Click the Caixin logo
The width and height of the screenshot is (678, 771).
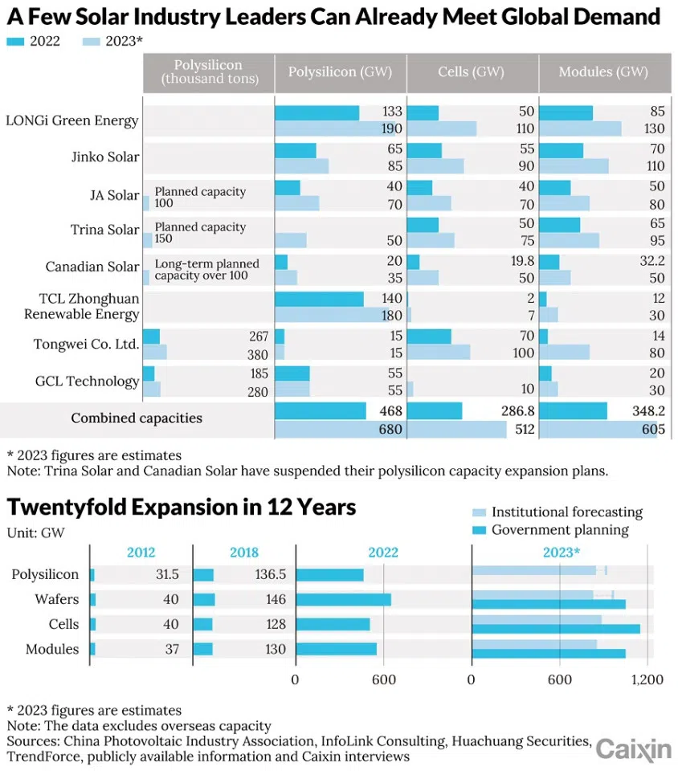pos(633,749)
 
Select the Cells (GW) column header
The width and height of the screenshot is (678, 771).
pos(471,72)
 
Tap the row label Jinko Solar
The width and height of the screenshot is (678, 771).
pos(104,157)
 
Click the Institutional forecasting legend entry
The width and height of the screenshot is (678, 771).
pos(567,512)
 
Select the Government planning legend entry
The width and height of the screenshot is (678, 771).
pos(560,529)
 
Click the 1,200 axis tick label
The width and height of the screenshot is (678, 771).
pos(647,679)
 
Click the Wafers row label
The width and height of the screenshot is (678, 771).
pos(57,599)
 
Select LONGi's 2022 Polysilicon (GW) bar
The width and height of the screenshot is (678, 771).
pos(317,113)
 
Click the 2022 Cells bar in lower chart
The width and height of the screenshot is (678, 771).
pos(333,624)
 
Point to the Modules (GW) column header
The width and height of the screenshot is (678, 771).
pos(603,72)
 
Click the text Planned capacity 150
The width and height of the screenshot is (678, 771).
pos(199,233)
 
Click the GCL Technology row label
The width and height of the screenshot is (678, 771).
pos(87,381)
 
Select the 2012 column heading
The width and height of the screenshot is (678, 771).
pos(141,553)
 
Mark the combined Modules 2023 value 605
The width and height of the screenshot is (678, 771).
pos(643,430)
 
